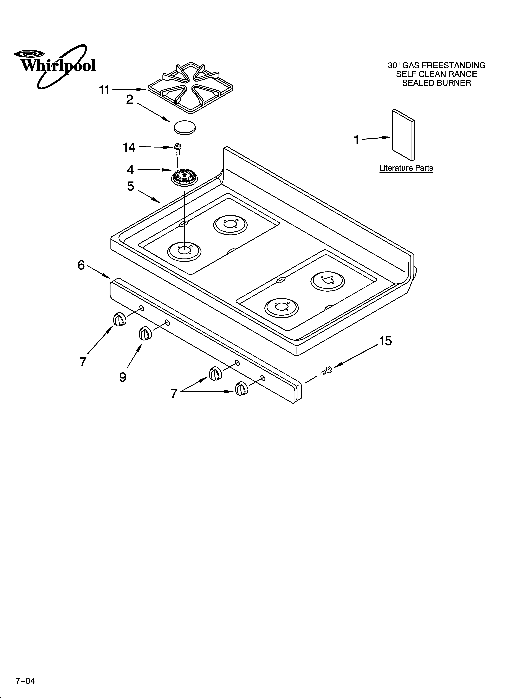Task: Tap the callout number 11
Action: click(104, 90)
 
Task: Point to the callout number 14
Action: click(129, 148)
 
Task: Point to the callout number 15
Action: click(385, 341)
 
